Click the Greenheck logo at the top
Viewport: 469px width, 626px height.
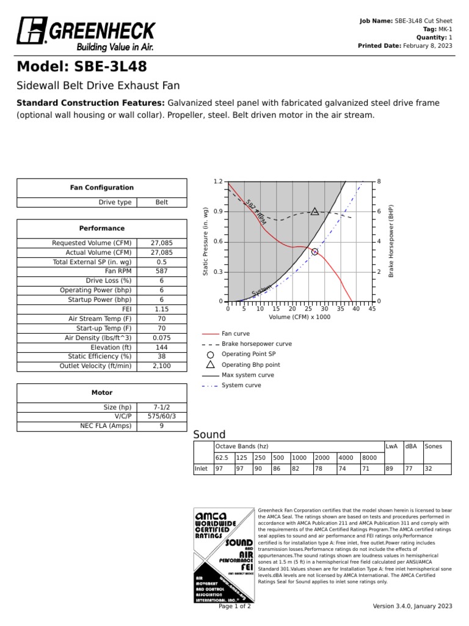click(86, 34)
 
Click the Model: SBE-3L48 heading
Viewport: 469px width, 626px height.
click(81, 67)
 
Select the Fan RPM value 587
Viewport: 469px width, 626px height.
click(161, 271)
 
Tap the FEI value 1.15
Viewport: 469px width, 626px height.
click(161, 310)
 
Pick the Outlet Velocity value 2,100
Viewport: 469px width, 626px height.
click(161, 366)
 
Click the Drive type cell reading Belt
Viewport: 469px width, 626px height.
click(161, 202)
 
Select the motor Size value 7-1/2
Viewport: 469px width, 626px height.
click(161, 407)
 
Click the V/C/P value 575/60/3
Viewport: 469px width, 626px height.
click(161, 416)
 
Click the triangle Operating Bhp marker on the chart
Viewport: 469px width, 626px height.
click(314, 212)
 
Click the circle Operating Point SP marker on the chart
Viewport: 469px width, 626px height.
click(314, 252)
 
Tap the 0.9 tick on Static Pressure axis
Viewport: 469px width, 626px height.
click(218, 212)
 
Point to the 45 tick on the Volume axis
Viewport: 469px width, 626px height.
click(372, 309)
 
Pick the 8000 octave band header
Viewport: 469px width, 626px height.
click(369, 458)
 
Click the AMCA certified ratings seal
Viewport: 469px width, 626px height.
click(223, 554)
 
